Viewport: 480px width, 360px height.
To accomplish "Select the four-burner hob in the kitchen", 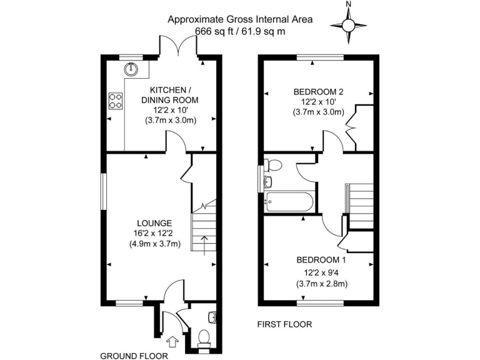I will [115, 101].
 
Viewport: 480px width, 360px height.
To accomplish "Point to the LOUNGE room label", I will [154, 223].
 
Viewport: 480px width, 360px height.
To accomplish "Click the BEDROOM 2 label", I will [319, 92].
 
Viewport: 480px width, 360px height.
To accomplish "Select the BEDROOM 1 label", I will [321, 259].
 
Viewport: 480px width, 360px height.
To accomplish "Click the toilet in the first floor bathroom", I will [272, 165].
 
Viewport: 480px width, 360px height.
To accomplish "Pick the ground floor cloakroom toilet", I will [202, 339].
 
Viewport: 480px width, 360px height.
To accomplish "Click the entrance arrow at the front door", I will [173, 341].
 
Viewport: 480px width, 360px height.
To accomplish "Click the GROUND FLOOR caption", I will [134, 356].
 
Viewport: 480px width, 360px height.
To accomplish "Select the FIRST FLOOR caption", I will [284, 324].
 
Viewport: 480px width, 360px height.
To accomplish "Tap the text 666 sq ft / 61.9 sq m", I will [240, 31].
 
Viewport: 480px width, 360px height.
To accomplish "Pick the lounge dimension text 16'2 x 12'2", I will [155, 234].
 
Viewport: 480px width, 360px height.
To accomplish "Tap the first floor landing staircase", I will [359, 203].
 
